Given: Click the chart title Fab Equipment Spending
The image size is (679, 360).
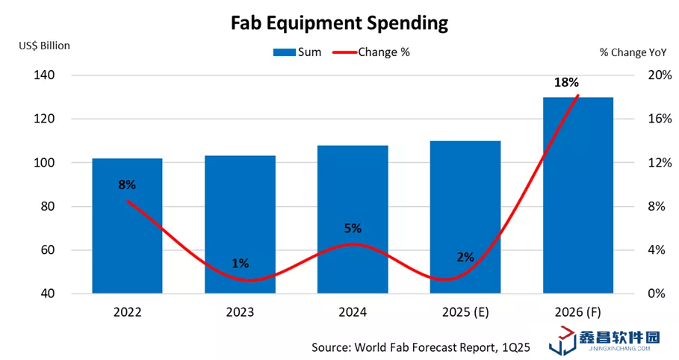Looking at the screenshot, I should tap(338, 23).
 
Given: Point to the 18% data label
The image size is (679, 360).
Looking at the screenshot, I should tap(565, 83).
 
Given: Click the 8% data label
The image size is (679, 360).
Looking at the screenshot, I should tap(127, 184).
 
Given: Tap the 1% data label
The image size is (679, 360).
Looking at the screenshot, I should tap(240, 263).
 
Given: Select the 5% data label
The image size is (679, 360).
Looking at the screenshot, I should tap(353, 228).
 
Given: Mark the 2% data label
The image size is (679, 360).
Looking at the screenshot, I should tap(465, 257).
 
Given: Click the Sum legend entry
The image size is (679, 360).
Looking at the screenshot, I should tap(297, 52).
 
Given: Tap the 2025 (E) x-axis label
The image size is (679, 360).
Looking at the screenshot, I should tap(465, 311).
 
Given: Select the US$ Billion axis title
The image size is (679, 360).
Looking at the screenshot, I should tap(45, 46).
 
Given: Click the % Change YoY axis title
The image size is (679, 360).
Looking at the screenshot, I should tap(633, 52).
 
